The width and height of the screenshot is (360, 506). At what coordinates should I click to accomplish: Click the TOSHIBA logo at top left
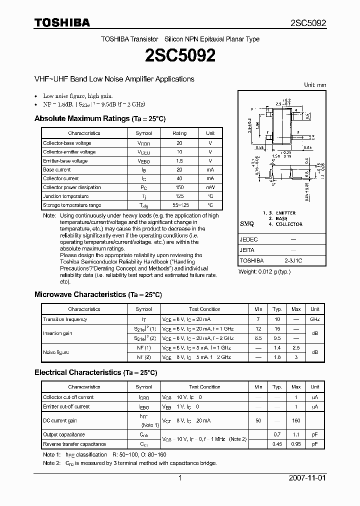click(x=62, y=22)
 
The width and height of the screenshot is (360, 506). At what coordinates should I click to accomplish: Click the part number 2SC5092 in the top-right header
click(x=308, y=23)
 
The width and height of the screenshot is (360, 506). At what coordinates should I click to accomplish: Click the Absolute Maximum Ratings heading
click(x=99, y=118)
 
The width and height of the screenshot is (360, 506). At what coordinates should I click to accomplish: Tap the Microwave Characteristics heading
click(x=98, y=294)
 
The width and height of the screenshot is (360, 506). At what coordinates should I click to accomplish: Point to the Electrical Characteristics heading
click(x=95, y=372)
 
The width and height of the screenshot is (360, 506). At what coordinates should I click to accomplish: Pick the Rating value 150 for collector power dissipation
click(x=179, y=187)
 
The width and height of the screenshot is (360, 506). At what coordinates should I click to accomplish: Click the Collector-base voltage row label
click(x=67, y=143)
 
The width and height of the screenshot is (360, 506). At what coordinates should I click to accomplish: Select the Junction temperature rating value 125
click(x=179, y=196)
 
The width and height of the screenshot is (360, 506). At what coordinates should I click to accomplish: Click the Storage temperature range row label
click(x=72, y=205)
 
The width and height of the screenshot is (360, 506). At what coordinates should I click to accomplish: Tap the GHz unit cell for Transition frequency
click(x=315, y=319)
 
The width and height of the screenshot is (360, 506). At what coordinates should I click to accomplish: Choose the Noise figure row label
click(x=56, y=352)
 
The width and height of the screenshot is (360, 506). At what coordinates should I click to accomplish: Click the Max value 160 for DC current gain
click(x=296, y=421)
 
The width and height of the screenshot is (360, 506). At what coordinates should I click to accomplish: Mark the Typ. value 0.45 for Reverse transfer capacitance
click(x=276, y=444)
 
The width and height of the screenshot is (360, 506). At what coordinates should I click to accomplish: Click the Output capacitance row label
click(x=64, y=434)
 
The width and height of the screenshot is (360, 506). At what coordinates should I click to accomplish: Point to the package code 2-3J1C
click(x=293, y=260)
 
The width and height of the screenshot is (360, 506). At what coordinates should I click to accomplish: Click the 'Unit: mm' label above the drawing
click(x=314, y=85)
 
